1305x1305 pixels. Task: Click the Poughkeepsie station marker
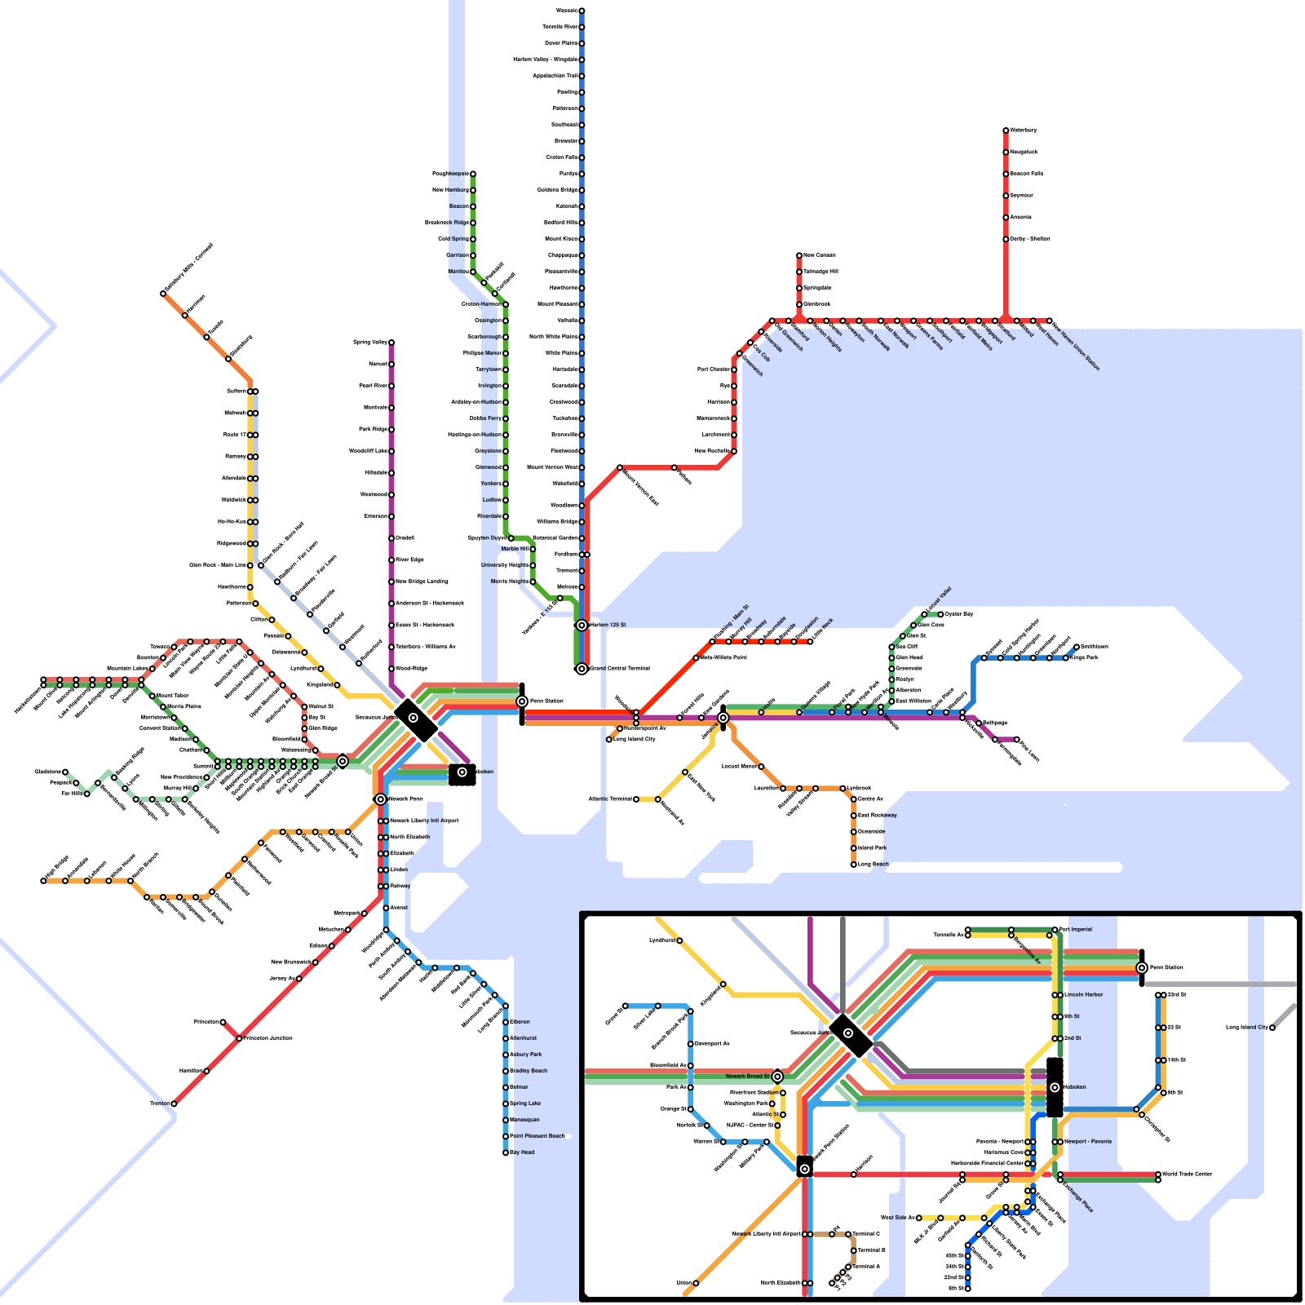(x=472, y=174)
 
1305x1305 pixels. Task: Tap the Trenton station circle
(x=174, y=1104)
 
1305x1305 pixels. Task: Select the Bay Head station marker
(x=506, y=1152)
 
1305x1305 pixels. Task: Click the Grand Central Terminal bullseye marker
(x=582, y=669)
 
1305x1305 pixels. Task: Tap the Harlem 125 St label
(x=608, y=625)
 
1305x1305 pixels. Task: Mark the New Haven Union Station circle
(x=1049, y=321)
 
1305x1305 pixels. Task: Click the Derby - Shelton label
(x=1030, y=239)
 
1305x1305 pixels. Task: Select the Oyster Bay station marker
(x=940, y=614)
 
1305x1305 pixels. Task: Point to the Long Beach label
(x=874, y=864)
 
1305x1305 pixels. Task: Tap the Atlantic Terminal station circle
(x=636, y=799)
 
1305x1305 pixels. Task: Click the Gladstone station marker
(x=65, y=772)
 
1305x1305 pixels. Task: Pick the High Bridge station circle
(x=44, y=881)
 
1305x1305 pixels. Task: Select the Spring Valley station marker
(x=391, y=343)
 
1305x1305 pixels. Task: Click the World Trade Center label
(x=1187, y=1174)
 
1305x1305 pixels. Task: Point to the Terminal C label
(x=866, y=1234)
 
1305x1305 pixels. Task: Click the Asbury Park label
(x=525, y=1055)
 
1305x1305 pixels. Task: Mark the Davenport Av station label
(x=712, y=1044)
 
